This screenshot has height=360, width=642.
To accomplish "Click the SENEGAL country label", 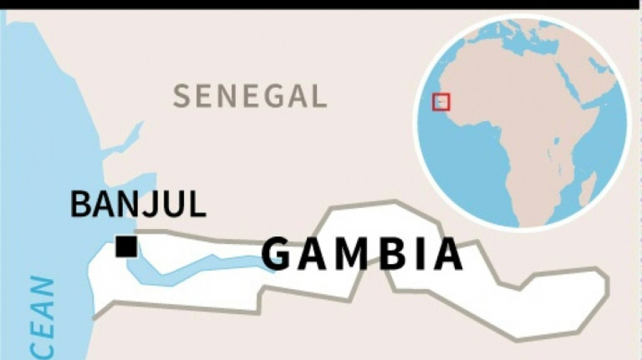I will pyautogui.click(x=250, y=97).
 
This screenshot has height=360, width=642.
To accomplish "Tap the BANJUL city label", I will pyautogui.click(x=138, y=204).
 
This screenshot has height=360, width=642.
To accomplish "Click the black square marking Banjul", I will pyautogui.click(x=126, y=246).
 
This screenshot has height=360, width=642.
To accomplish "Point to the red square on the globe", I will pyautogui.click(x=441, y=103).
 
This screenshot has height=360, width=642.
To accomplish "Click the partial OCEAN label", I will pyautogui.click(x=42, y=317).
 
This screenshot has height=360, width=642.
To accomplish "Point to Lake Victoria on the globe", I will pyautogui.click(x=555, y=144).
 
